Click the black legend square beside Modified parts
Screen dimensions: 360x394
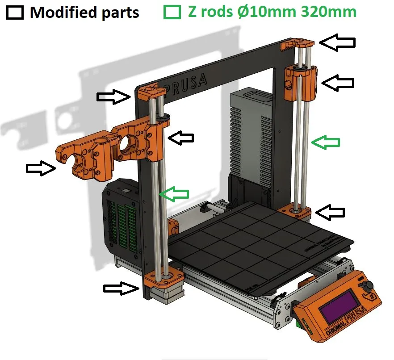pos(15,12)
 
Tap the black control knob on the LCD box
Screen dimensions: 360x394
pos(369,285)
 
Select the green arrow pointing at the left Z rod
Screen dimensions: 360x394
pos(174,194)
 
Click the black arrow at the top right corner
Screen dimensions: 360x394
pos(338,42)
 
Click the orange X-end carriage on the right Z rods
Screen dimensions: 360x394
pos(301,83)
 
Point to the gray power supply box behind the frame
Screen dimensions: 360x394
pos(250,134)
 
